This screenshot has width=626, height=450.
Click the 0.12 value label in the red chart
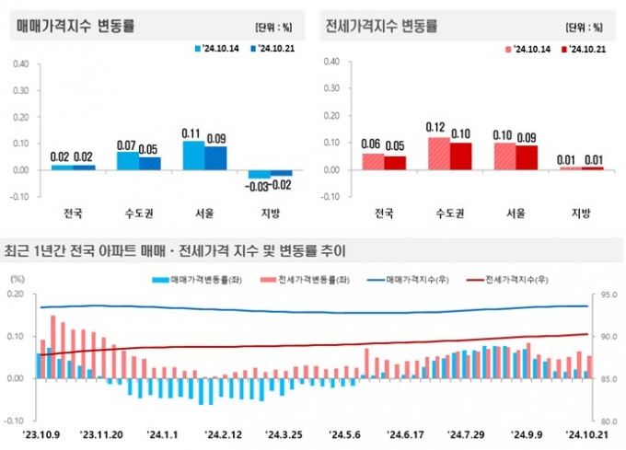[x=436, y=127]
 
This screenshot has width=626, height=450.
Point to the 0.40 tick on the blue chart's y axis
[x=20, y=64]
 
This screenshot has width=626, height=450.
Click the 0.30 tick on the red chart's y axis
[x=331, y=89]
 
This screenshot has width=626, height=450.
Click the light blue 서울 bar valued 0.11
[x=193, y=155]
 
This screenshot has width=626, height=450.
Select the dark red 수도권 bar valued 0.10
[x=459, y=156]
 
